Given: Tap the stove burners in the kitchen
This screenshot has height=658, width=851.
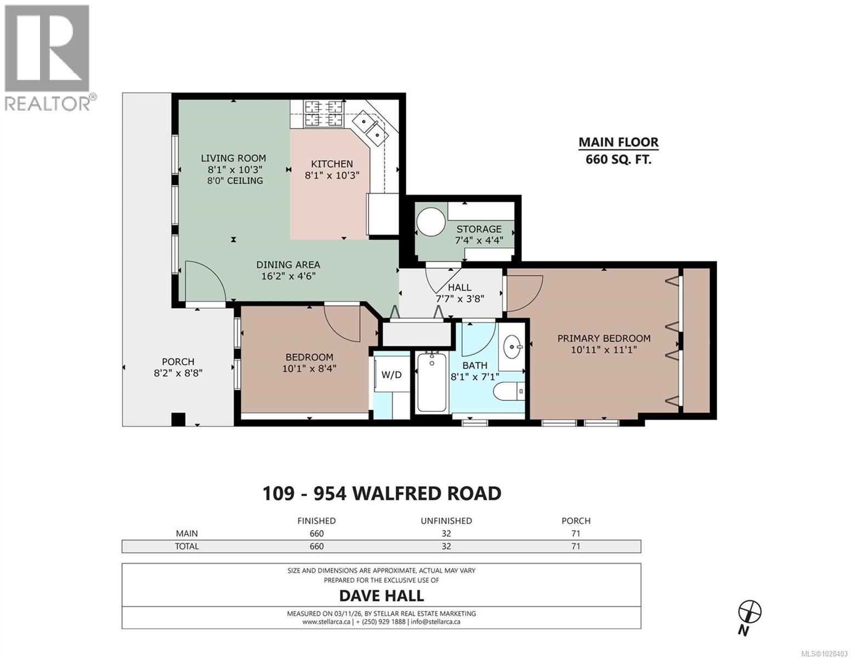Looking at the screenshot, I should pos(324,113).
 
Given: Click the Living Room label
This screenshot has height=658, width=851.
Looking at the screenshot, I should pos(233,158).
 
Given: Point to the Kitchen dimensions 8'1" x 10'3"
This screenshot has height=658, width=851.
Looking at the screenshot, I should pos(332,175).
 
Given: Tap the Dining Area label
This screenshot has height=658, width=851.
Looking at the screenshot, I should pos(288,265).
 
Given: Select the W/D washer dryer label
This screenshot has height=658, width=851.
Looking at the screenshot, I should pos(391,375).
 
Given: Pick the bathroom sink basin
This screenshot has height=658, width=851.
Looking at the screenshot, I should pos(513,347).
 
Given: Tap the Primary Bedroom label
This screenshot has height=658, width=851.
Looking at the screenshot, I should pos(604,338).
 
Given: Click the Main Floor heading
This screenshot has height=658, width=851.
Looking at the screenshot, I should pos(619,143).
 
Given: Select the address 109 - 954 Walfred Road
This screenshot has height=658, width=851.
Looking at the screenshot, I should pos(382,493).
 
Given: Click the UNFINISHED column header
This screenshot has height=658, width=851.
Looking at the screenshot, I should pos(446,521).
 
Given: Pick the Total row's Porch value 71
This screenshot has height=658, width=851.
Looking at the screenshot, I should pos(576,546).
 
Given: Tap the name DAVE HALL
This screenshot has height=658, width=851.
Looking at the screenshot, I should pos(382,595).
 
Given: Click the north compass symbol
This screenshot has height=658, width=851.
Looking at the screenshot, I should pos(750,611).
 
